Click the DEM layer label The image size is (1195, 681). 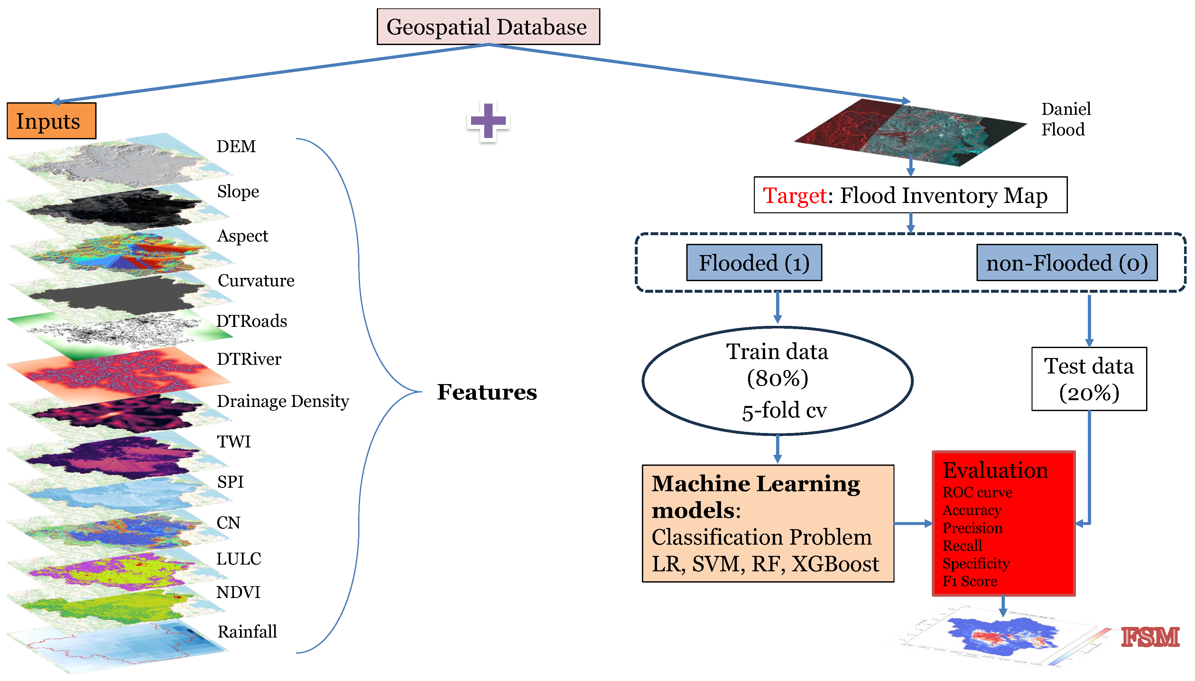point(236,146)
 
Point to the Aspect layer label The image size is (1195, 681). point(242,236)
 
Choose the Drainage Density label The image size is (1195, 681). point(283,401)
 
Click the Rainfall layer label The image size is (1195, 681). point(247,632)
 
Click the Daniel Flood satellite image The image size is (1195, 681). point(910,132)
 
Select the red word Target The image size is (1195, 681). point(794,196)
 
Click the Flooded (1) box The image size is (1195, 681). point(754,263)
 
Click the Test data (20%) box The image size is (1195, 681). point(1088,379)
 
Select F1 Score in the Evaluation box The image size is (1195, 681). point(969,581)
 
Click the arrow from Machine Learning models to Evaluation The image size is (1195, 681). point(912,524)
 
